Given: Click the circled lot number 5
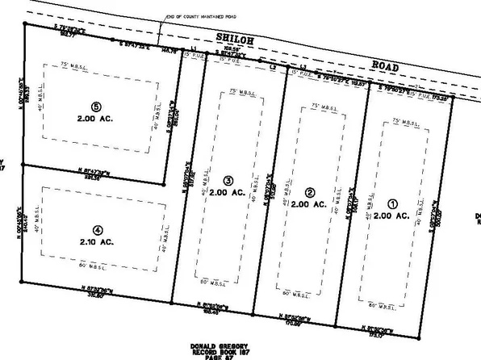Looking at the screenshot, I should pyautogui.click(x=96, y=107).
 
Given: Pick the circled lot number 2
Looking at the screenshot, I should pyautogui.click(x=310, y=192).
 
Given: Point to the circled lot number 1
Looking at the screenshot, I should pyautogui.click(x=395, y=204).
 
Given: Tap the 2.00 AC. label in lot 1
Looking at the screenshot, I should pyautogui.click(x=393, y=216).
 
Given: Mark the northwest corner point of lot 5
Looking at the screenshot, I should pyautogui.click(x=24, y=24).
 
